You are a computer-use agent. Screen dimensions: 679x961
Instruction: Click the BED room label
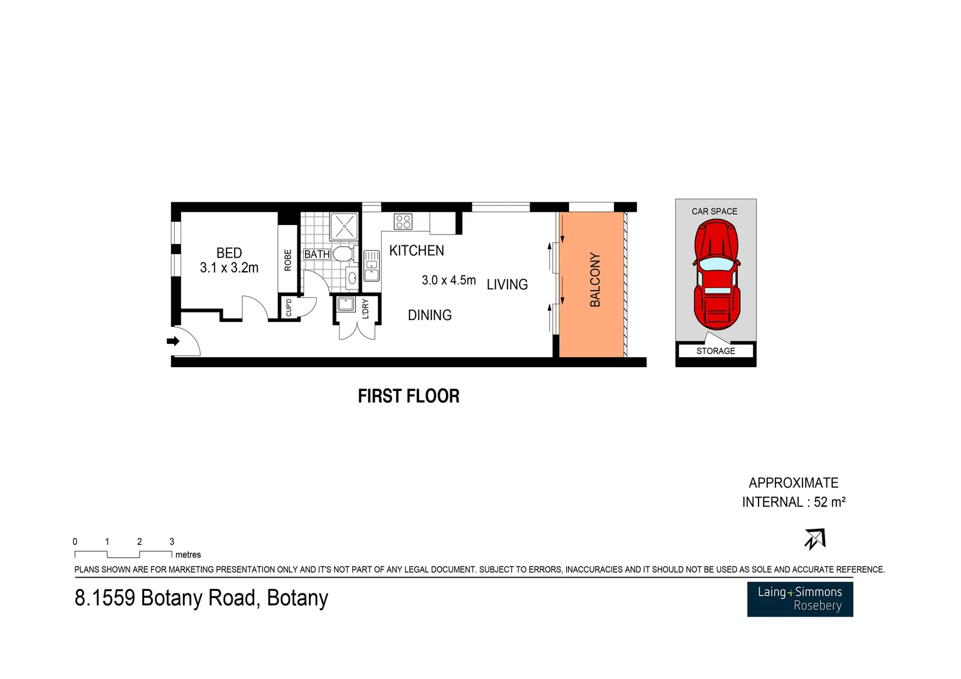(x=229, y=253)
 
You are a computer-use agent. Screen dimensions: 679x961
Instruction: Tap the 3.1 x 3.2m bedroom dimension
(x=229, y=268)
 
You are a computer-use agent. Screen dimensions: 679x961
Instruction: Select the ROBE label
(x=288, y=260)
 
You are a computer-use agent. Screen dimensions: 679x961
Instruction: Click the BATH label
(x=317, y=254)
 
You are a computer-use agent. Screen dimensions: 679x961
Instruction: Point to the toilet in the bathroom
(x=343, y=254)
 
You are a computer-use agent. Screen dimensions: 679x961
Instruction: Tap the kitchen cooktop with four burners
(x=403, y=221)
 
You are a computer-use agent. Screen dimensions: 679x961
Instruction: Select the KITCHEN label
(x=416, y=251)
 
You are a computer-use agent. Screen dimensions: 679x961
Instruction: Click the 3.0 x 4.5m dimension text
(x=448, y=280)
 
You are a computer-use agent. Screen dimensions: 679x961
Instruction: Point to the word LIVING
(x=507, y=285)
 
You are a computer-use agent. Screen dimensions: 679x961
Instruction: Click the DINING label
(x=430, y=316)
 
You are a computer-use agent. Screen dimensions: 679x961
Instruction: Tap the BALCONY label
(x=595, y=280)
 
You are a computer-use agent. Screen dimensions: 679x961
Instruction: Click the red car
(x=716, y=275)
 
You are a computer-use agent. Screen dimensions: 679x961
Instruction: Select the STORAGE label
(x=716, y=351)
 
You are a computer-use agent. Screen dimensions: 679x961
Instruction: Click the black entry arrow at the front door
(x=173, y=341)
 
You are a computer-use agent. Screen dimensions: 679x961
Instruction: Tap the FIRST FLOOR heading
(x=409, y=396)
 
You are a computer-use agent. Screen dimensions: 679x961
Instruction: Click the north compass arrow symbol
(x=815, y=539)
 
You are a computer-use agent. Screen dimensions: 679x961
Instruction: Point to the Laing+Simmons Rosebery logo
(x=800, y=599)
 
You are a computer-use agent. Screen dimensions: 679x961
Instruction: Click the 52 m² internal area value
(x=830, y=502)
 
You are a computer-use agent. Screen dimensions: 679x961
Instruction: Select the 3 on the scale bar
(x=172, y=541)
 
